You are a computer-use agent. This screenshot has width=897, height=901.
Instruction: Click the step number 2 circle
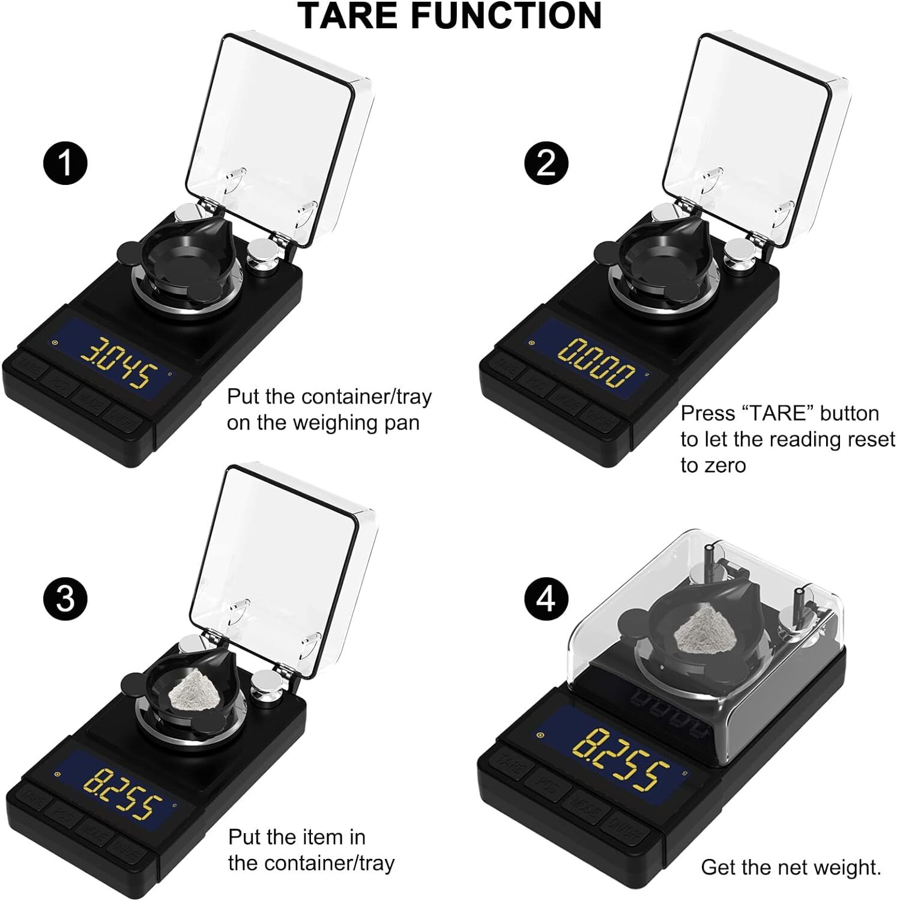click(x=546, y=162)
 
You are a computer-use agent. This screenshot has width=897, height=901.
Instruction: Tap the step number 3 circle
click(x=66, y=599)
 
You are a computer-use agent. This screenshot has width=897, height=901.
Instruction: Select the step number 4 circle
click(x=546, y=599)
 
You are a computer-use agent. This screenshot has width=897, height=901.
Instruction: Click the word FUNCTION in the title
click(x=506, y=16)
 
